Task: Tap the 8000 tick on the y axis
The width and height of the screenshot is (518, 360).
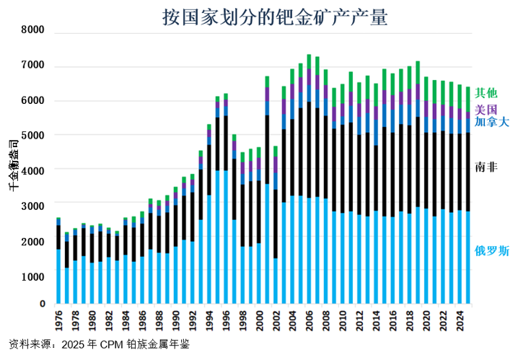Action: click(x=33, y=30)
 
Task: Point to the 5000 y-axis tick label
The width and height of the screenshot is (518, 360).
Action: click(x=33, y=135)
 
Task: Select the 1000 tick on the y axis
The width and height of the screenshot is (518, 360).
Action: click(x=33, y=276)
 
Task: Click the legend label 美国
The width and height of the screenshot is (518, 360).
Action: click(x=486, y=110)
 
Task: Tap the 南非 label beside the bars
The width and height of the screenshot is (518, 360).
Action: click(x=486, y=167)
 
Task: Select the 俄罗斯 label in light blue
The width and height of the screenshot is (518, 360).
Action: click(x=491, y=251)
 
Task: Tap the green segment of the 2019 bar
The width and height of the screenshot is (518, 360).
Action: click(x=418, y=72)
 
